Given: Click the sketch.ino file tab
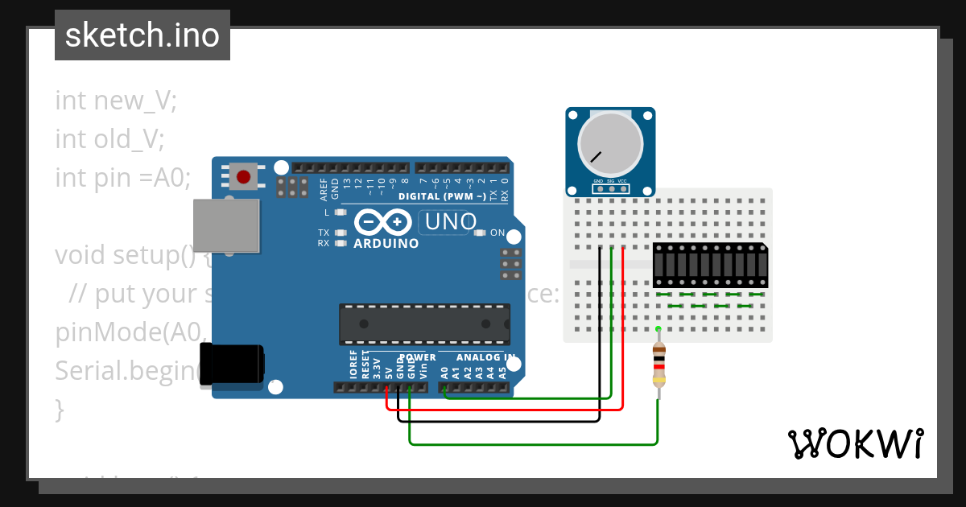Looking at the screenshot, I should tap(142, 35).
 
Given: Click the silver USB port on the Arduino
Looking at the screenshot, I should tap(228, 223).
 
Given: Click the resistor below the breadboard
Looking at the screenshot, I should tap(659, 366).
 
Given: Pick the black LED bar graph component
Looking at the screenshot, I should tap(709, 265).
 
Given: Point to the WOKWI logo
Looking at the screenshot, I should tap(855, 443).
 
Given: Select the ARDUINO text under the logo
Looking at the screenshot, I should tap(386, 243).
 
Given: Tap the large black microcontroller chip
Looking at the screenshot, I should tap(424, 324).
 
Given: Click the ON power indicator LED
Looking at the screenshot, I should tap(481, 233).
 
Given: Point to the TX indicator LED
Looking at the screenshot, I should tap(341, 233).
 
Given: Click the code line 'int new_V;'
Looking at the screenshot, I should tap(116, 101).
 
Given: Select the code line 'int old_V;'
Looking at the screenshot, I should tap(109, 139).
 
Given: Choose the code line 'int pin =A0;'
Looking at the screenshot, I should tap(123, 177).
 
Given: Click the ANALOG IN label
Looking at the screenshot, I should tap(485, 357).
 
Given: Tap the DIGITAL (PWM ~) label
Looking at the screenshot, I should tap(442, 196).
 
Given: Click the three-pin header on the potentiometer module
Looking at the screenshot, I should tap(610, 190).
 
